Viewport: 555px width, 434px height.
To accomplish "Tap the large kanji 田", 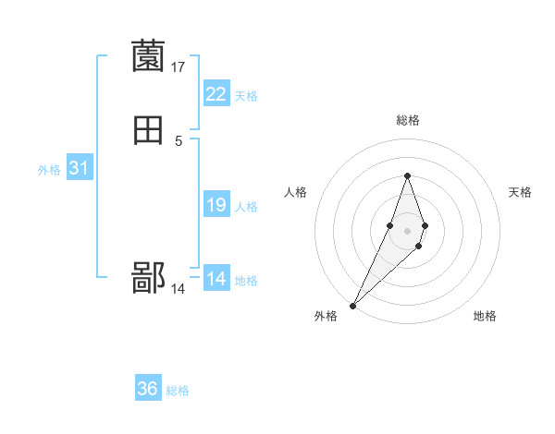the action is [x=149, y=131].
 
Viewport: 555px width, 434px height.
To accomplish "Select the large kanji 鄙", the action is [x=149, y=278].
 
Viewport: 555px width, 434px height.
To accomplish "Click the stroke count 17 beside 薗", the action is [x=179, y=66].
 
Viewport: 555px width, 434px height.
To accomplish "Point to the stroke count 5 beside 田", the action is [x=179, y=140].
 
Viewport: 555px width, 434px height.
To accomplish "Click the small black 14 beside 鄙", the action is [x=179, y=289].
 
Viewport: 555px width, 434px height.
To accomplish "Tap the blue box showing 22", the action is [x=216, y=94].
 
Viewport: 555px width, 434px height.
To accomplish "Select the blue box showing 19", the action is [x=216, y=205].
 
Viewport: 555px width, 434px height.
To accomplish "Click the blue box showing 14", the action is [x=216, y=279].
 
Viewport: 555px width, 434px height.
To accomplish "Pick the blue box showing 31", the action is [x=79, y=168].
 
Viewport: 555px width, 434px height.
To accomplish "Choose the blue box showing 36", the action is [x=148, y=389].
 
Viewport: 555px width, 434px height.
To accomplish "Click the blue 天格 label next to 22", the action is [x=246, y=96].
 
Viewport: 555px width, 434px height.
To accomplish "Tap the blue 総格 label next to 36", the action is [x=178, y=391].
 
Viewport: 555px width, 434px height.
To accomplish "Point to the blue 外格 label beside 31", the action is [x=49, y=170].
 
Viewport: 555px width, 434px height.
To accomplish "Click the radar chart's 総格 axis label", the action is [x=407, y=120].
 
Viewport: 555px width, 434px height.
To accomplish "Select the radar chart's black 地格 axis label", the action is [x=485, y=316].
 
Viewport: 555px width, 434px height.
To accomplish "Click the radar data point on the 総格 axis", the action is [x=407, y=175].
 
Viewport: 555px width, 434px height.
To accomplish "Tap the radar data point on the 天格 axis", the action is [x=425, y=225].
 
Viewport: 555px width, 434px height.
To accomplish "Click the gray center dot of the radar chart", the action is [x=407, y=228].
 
